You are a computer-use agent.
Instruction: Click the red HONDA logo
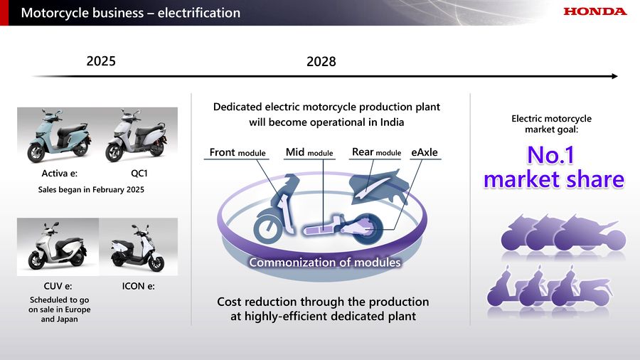[595, 11]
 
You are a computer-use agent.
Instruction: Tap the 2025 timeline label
[101, 61]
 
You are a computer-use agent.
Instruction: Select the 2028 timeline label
[321, 62]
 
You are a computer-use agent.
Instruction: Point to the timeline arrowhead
[615, 76]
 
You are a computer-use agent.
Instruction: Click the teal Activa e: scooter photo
[58, 136]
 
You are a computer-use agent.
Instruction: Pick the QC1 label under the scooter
[139, 174]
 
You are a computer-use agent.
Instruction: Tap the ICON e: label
[139, 286]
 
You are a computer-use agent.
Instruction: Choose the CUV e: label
[58, 286]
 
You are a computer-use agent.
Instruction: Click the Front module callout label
[237, 153]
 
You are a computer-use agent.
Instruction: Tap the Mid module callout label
[309, 152]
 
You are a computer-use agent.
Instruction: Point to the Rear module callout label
[376, 152]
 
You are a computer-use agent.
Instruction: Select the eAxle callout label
[425, 152]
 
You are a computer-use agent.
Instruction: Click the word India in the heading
[392, 122]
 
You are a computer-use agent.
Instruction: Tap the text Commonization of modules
[325, 263]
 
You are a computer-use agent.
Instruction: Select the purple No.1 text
[550, 155]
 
